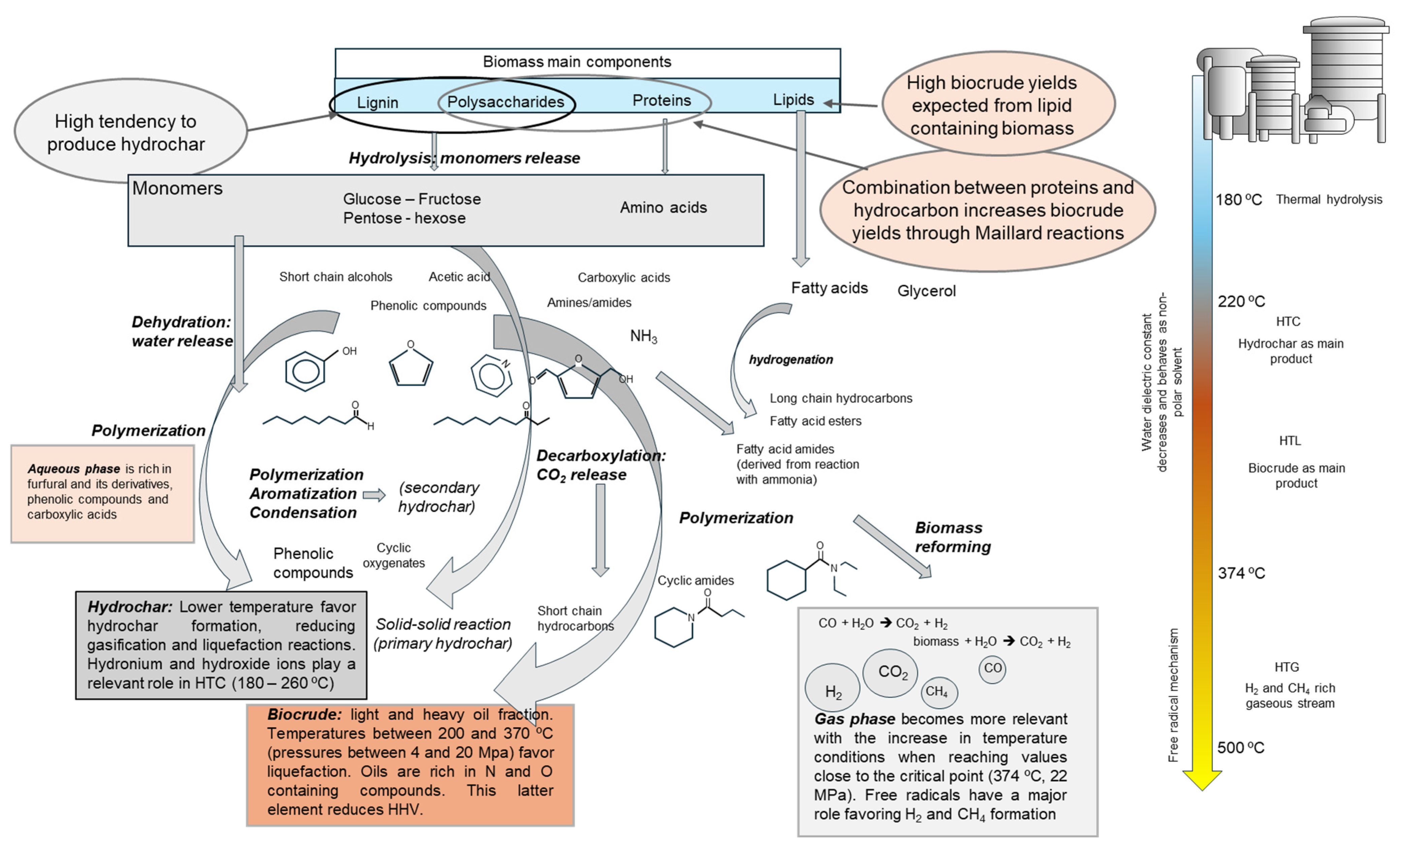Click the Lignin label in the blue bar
tap(377, 102)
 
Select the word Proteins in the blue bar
tap(662, 100)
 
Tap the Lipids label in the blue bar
tap(793, 100)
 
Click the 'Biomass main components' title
tap(577, 61)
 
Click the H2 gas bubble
tap(833, 687)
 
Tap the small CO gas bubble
tap(992, 669)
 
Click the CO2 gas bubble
tap(890, 673)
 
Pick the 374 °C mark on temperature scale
tap(1242, 573)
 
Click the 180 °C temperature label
tap(1239, 200)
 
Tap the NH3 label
tap(644, 336)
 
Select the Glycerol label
tap(926, 291)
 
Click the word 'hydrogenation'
tap(791, 360)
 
